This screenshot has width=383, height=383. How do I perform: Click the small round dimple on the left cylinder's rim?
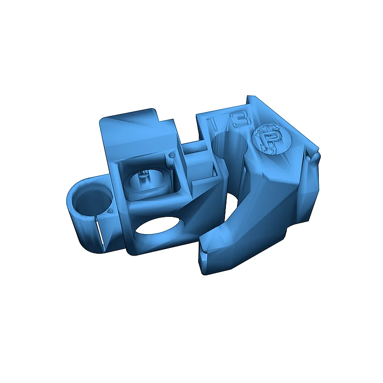(111, 210)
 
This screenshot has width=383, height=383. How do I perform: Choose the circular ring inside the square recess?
(143, 182)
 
